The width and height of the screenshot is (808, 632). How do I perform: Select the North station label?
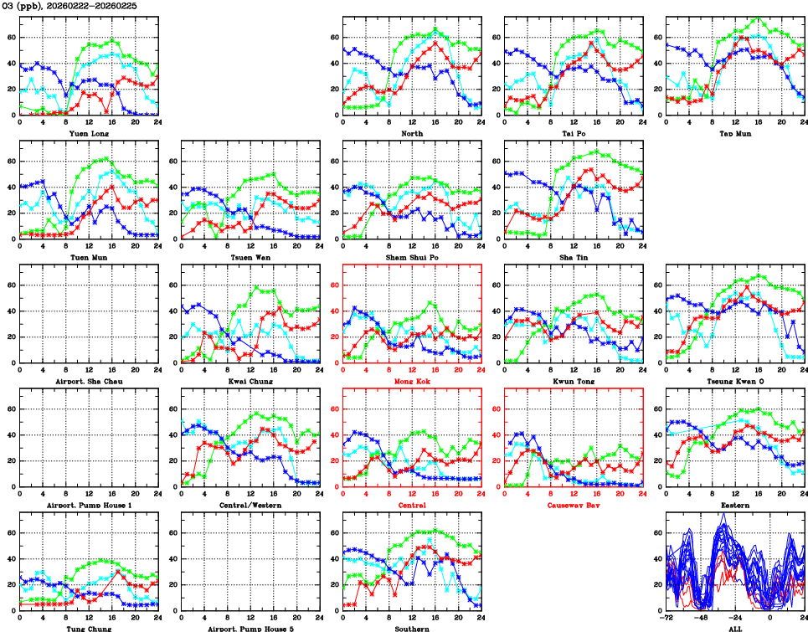click(x=412, y=132)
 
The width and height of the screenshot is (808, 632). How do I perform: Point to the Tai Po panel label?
click(x=574, y=132)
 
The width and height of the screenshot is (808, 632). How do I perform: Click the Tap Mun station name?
click(x=735, y=132)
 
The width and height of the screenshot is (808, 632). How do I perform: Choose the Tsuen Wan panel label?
click(x=250, y=257)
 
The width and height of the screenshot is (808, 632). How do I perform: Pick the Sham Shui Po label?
click(x=412, y=257)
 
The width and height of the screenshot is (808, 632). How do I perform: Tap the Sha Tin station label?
click(x=574, y=257)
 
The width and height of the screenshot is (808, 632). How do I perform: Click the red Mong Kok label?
click(x=412, y=381)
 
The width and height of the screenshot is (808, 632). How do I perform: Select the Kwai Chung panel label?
click(x=250, y=381)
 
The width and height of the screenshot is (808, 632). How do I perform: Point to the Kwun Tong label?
click(x=574, y=381)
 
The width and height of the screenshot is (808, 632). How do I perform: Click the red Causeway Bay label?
click(x=574, y=506)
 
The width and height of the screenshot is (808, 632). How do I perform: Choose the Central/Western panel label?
click(x=250, y=506)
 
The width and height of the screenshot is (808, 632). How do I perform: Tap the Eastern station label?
click(x=735, y=506)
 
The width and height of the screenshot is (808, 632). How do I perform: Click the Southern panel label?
click(x=412, y=629)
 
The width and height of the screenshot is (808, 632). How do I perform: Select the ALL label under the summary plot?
click(x=735, y=629)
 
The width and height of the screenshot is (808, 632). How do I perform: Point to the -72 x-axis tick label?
click(x=667, y=617)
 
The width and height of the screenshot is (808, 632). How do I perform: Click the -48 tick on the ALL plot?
click(x=702, y=617)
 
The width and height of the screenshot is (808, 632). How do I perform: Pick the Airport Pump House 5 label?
click(x=250, y=629)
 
